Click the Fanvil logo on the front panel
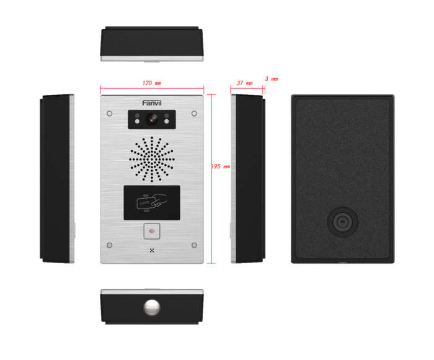pyautogui.click(x=151, y=103)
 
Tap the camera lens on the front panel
pyautogui.click(x=151, y=118)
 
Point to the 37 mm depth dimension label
pyautogui.click(x=244, y=83)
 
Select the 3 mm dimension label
pyautogui.click(x=270, y=79)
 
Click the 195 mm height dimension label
pyautogui.click(x=220, y=166)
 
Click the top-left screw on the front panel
pyautogui.click(x=109, y=114)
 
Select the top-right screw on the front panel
pyautogui.click(x=194, y=114)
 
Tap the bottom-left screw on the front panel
pyautogui.click(x=109, y=245)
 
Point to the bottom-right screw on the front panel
pyautogui.click(x=194, y=245)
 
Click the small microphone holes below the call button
pyautogui.click(x=151, y=251)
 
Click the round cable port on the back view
pyautogui.click(x=342, y=222)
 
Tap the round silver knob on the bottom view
pyautogui.click(x=151, y=307)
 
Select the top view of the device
pyautogui.click(x=151, y=43)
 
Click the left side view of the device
pyautogui.click(x=57, y=179)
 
